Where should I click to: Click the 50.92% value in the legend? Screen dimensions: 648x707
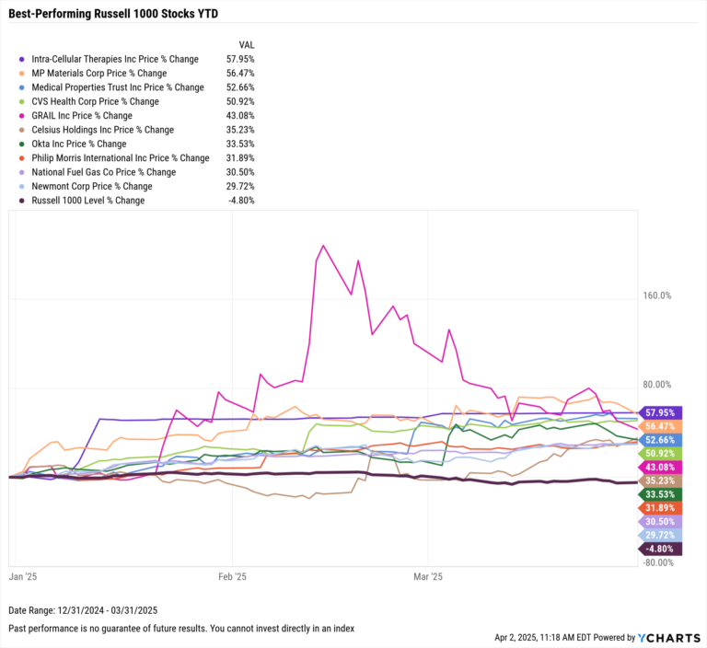click(239, 101)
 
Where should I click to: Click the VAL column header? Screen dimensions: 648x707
click(246, 44)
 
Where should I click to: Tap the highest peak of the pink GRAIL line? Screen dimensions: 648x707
click(323, 246)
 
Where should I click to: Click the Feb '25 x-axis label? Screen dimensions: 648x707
click(232, 577)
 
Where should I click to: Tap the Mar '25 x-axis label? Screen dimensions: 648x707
click(428, 577)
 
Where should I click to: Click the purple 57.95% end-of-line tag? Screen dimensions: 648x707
click(663, 413)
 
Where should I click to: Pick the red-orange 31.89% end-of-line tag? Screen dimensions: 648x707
click(663, 508)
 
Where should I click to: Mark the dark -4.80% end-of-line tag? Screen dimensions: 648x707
click(663, 550)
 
